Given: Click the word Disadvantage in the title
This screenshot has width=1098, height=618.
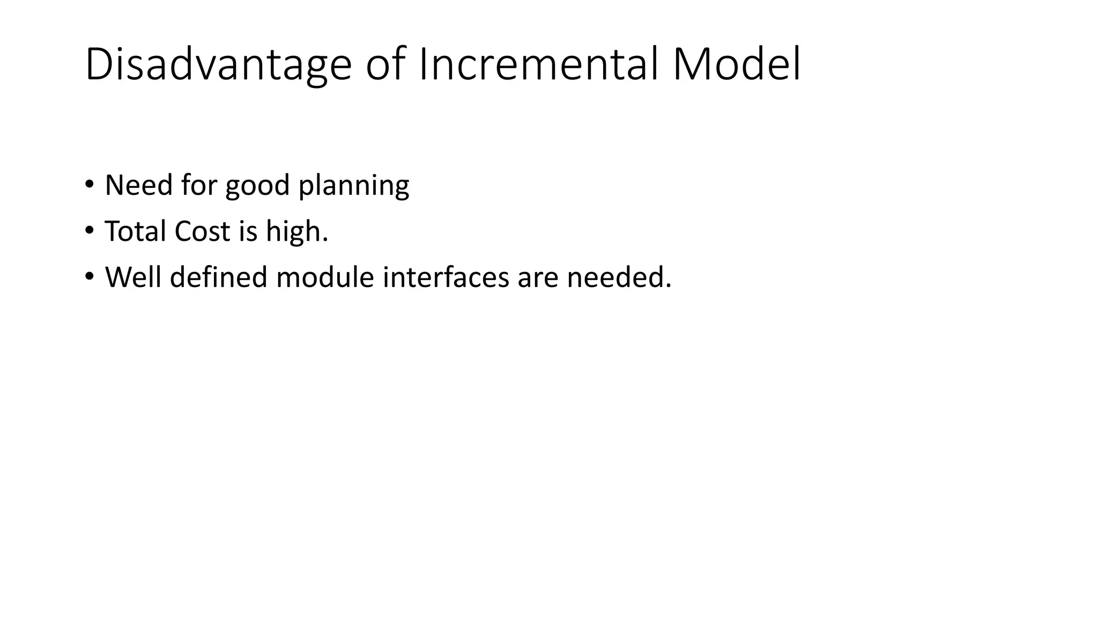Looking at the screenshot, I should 218,64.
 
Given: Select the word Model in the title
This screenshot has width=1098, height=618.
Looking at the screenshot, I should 736,64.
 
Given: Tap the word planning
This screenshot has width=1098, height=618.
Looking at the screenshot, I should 353,186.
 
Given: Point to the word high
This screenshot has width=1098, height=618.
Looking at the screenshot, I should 296,231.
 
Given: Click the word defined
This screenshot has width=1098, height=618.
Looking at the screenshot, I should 218,277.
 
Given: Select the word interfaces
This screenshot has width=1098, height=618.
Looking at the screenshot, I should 446,277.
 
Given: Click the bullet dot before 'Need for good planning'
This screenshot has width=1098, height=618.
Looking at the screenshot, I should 89,184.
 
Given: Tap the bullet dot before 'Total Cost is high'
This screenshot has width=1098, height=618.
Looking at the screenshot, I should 89,230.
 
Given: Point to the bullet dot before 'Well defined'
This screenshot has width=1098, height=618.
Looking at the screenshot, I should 89,276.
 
